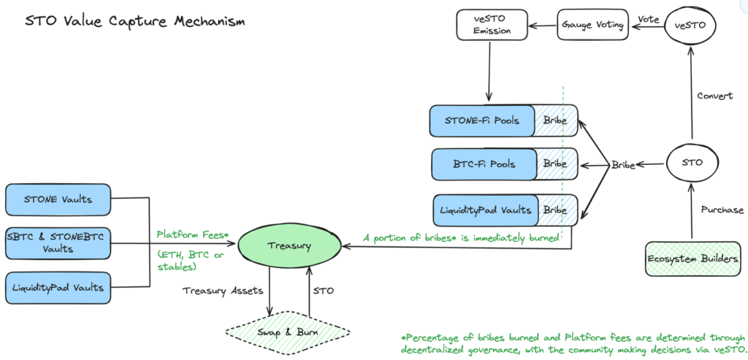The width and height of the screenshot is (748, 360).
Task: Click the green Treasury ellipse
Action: [289, 246]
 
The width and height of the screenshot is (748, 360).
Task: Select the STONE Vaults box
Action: [58, 200]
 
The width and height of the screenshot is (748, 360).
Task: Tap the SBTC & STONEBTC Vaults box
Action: [58, 242]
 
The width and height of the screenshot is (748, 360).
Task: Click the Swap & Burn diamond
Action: [288, 332]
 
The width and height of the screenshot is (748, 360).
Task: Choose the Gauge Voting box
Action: [592, 25]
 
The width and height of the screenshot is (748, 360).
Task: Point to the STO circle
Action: [692, 162]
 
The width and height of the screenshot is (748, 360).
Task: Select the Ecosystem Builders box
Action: [695, 259]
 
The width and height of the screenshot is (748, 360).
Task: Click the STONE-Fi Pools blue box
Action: [483, 120]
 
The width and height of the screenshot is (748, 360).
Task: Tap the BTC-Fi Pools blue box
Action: [484, 164]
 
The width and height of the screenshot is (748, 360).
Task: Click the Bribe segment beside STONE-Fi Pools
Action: [556, 120]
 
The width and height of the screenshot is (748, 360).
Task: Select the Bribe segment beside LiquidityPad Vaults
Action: [557, 210]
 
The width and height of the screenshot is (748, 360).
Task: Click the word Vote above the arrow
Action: [649, 20]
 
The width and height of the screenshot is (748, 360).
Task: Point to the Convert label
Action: [714, 96]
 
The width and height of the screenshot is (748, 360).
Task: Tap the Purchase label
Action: [722, 210]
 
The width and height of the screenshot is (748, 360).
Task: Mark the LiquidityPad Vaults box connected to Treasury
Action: [58, 288]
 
